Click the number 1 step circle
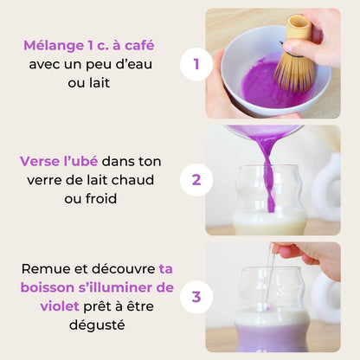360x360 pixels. pos(196,63)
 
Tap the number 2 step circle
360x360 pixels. pos(196,180)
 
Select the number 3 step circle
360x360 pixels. pos(196,297)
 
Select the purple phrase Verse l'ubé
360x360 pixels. pos(59,162)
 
